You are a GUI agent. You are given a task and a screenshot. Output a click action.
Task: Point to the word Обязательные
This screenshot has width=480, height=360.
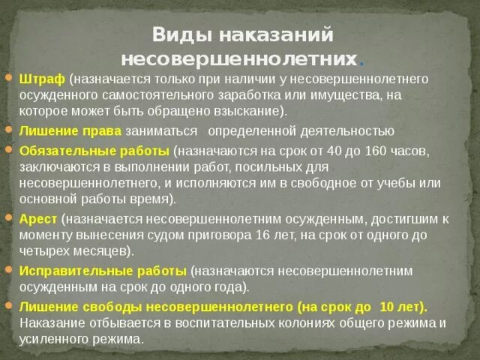(x=61, y=150)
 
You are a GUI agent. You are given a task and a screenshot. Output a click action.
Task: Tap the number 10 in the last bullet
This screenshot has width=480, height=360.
(x=389, y=307)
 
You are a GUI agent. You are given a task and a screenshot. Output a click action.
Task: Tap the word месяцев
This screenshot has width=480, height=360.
(x=100, y=250)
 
